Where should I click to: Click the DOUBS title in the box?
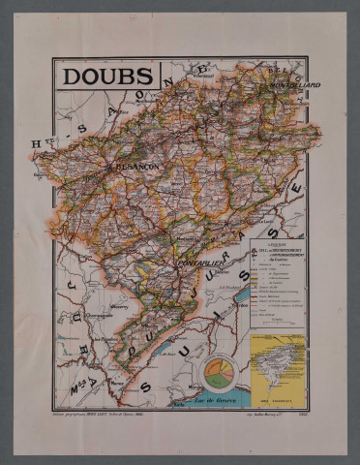coord(107,76)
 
